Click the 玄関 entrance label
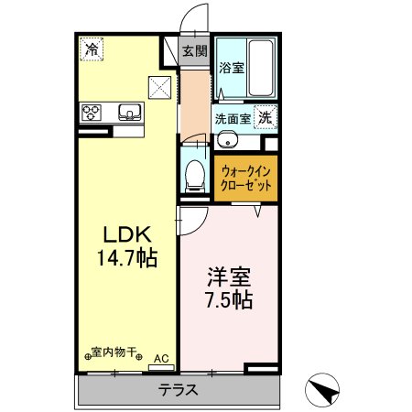click(x=193, y=50)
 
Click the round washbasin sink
click(x=227, y=140)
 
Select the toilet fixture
click(x=194, y=174)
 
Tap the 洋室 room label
click(x=229, y=275)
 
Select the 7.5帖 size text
click(x=229, y=298)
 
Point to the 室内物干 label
click(x=114, y=351)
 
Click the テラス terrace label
click(x=179, y=389)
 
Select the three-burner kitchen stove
click(x=92, y=114)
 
